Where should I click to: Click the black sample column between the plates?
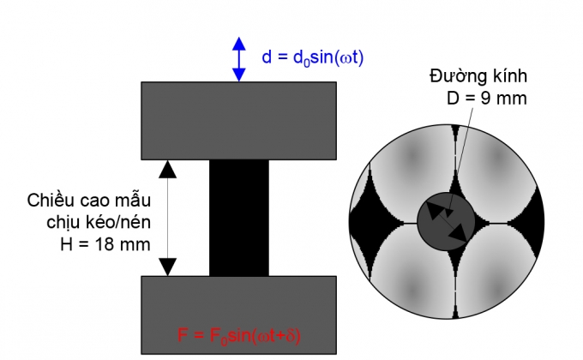(x=238, y=218)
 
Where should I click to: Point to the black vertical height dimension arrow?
(x=169, y=218)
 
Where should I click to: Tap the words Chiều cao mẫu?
(x=87, y=201)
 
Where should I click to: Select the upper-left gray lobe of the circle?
(x=403, y=176)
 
